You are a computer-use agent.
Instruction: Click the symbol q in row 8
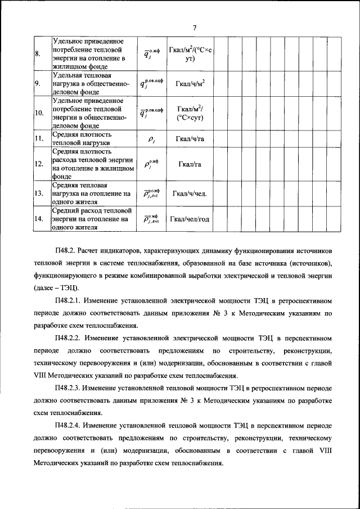click(x=147, y=55)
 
